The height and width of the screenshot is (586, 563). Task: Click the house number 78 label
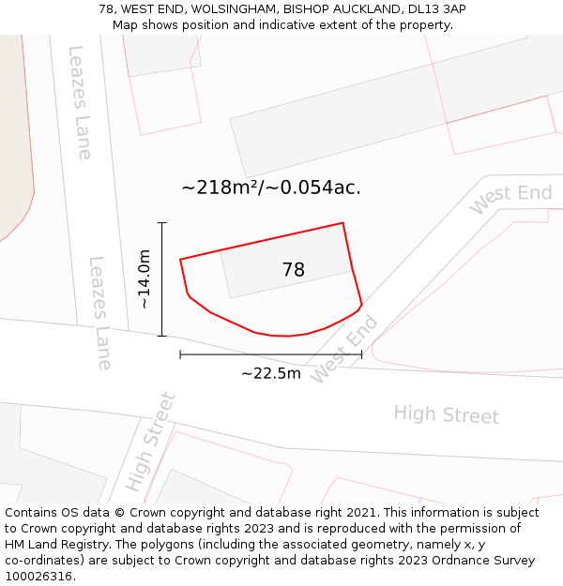[293, 270]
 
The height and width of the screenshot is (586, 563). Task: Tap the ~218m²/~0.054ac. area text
[270, 188]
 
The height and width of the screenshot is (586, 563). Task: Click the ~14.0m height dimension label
[145, 278]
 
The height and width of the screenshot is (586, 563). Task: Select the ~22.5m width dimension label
[270, 373]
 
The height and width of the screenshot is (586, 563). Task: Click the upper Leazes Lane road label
[81, 101]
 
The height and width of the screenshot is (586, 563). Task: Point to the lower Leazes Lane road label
[100, 312]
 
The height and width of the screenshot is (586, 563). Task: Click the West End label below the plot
[344, 349]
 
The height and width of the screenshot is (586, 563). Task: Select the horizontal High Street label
[446, 414]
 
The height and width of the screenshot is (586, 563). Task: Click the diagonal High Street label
[151, 442]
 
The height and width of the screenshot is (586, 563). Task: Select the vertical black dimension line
[162, 278]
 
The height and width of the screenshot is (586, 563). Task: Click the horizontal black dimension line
[270, 354]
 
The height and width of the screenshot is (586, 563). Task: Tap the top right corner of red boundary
[342, 223]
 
